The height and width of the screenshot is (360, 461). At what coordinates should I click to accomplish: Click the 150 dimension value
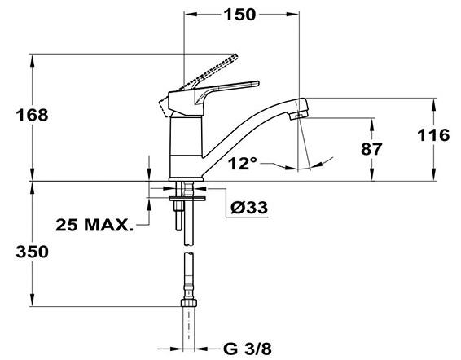(x=239, y=15)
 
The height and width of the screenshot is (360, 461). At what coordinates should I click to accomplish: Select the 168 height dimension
(x=32, y=115)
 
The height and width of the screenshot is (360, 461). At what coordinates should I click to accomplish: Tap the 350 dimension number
(x=32, y=252)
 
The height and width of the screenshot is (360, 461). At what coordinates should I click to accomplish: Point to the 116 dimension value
(x=433, y=135)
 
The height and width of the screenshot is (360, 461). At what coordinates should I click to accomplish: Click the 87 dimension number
(x=371, y=149)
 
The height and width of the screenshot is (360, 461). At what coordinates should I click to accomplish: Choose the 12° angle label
(x=243, y=163)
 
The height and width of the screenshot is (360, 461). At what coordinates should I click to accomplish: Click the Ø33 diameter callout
(x=249, y=208)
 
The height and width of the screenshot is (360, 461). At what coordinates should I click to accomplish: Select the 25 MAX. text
(x=94, y=226)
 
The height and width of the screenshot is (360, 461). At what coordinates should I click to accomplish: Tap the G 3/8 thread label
(x=248, y=349)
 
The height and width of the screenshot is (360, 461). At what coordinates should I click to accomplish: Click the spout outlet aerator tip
(x=298, y=115)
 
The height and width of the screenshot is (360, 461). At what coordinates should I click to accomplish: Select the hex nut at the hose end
(x=188, y=303)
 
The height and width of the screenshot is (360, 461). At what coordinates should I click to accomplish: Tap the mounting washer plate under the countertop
(x=187, y=199)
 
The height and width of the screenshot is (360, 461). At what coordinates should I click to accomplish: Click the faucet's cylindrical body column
(x=186, y=147)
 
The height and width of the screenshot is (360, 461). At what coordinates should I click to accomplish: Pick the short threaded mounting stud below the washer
(x=178, y=216)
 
